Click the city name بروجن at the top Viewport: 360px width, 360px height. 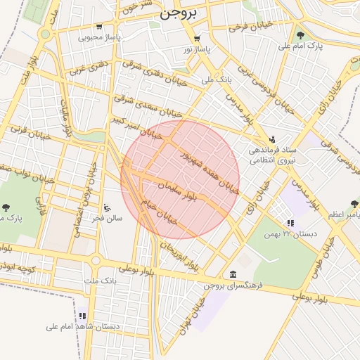pyautogui.click(x=179, y=13)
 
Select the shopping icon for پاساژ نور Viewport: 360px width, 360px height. pyautogui.click(x=196, y=39)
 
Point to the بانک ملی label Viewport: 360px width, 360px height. pyautogui.click(x=217, y=79)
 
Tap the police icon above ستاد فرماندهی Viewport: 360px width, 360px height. pyautogui.click(x=272, y=139)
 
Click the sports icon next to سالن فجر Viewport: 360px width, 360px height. pyautogui.click(x=107, y=207)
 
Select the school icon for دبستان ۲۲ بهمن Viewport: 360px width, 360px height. pyautogui.click(x=290, y=223)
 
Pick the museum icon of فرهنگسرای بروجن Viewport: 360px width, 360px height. pyautogui.click(x=233, y=274)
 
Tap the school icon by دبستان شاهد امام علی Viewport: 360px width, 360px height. pyautogui.click(x=82, y=316)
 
